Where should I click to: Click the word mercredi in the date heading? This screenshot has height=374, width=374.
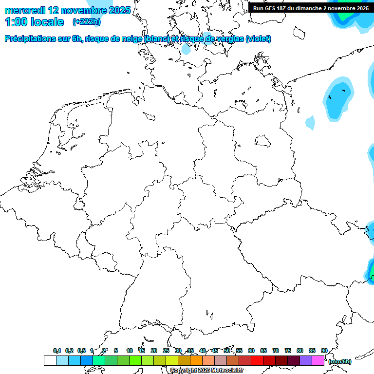tap(25, 10)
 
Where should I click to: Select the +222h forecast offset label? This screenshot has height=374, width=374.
tap(86, 22)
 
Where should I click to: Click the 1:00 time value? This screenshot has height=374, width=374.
tap(15, 22)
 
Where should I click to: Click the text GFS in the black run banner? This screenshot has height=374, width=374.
tap(270, 8)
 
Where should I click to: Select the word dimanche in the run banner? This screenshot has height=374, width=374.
tap(317, 8)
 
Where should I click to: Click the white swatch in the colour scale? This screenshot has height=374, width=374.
tap(50, 361)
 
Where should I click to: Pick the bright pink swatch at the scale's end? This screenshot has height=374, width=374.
tap(318, 361)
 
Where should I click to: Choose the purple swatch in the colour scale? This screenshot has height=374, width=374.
tap(306, 361)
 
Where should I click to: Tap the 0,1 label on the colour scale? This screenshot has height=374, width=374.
tap(56, 351)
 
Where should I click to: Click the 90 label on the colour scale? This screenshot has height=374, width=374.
tap(324, 351)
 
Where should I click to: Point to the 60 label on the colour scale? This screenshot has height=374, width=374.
tap(251, 351)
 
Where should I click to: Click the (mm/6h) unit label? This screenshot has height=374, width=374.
tap(339, 361)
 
